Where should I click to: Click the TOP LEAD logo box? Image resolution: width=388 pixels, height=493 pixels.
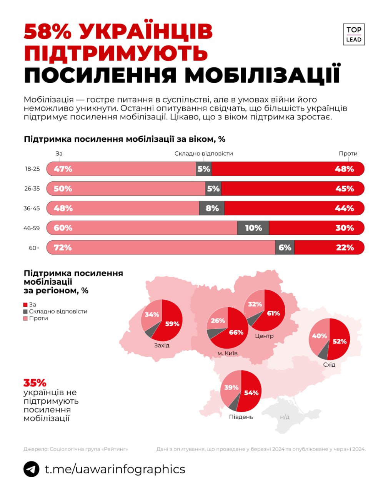(x=353, y=34)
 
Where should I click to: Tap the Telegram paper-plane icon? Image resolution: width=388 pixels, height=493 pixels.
(x=32, y=469)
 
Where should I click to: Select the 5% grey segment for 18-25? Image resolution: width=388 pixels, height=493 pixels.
(x=204, y=169)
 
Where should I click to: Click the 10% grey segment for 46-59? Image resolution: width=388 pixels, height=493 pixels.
(x=253, y=228)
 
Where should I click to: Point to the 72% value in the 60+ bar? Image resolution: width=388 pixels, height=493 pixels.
(x=63, y=248)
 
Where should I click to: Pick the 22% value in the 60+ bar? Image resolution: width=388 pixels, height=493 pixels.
(x=345, y=248)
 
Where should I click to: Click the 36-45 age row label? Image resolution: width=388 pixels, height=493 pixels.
(x=32, y=208)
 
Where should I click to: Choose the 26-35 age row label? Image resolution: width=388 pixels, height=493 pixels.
(x=32, y=189)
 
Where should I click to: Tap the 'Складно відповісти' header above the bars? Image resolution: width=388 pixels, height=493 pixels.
(x=203, y=153)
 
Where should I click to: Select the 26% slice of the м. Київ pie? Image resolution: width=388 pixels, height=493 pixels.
(x=218, y=320)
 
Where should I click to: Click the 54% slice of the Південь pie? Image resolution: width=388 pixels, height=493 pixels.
(x=251, y=393)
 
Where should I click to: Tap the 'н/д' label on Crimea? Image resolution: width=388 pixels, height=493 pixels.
(x=285, y=417)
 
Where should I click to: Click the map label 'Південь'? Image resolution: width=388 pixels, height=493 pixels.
(x=241, y=417)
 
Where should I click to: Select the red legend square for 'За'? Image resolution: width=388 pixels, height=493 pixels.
(x=26, y=305)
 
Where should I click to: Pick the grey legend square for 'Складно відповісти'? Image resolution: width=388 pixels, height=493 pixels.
(x=26, y=312)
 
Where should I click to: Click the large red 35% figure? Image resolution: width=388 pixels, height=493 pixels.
(x=35, y=383)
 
